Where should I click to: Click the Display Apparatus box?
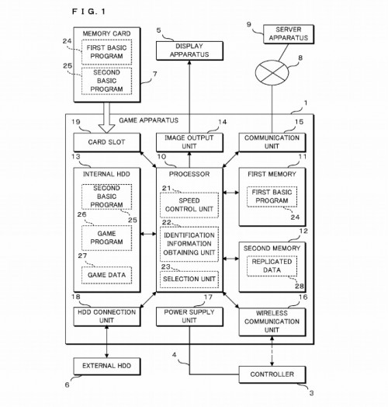[189, 50]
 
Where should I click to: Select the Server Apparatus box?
[289, 34]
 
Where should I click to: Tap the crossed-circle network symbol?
[272, 73]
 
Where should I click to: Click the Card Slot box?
[107, 142]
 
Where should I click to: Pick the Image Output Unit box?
[189, 142]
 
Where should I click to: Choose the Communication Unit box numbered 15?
[272, 142]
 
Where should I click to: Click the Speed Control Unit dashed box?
[189, 205]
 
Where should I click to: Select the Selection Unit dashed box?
[189, 279]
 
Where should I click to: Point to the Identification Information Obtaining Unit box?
[189, 244]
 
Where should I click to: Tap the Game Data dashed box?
[106, 275]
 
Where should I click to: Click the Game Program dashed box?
[106, 238]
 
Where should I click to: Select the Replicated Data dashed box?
[272, 266]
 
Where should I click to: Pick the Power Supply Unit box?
[189, 316]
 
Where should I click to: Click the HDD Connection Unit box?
[107, 316]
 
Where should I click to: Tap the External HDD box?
[107, 366]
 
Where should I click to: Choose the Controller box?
[272, 374]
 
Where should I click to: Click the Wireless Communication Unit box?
[272, 322]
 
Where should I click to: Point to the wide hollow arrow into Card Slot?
[106, 117]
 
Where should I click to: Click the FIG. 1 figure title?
[88, 12]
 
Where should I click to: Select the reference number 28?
[299, 286]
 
